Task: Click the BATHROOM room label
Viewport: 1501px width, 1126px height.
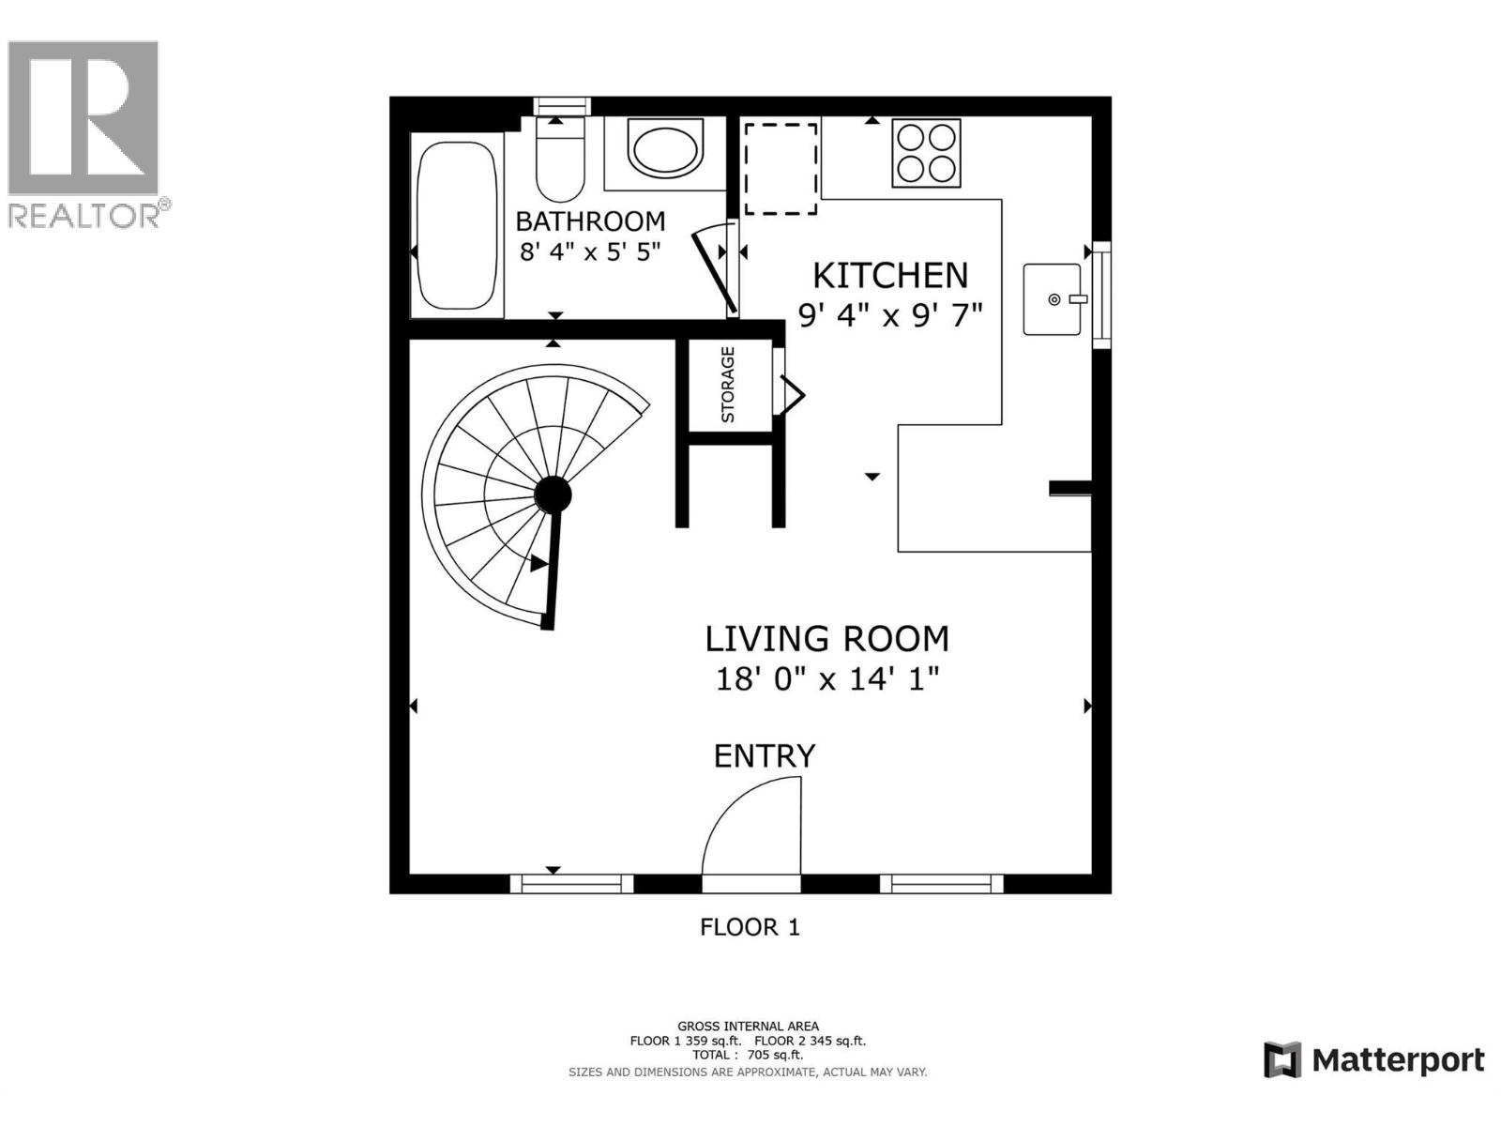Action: (x=590, y=221)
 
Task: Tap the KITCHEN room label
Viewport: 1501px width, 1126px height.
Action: (x=889, y=276)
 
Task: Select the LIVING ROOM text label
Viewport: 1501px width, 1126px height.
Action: (x=826, y=639)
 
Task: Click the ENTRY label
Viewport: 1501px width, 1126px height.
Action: (x=765, y=756)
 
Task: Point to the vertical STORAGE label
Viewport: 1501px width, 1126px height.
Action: (x=728, y=385)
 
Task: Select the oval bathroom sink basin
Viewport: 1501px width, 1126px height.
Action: (x=664, y=149)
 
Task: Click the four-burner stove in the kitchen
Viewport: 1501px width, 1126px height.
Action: (x=926, y=153)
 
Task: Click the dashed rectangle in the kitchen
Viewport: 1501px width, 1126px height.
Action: (x=781, y=169)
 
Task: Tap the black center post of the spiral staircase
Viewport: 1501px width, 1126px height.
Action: (x=553, y=494)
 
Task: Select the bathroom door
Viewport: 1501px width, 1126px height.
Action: (x=714, y=270)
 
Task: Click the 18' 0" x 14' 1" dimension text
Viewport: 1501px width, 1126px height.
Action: (x=826, y=678)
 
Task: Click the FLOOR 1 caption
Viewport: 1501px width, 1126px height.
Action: (x=750, y=927)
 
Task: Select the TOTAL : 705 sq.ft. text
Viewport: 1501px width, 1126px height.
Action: (x=748, y=1055)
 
